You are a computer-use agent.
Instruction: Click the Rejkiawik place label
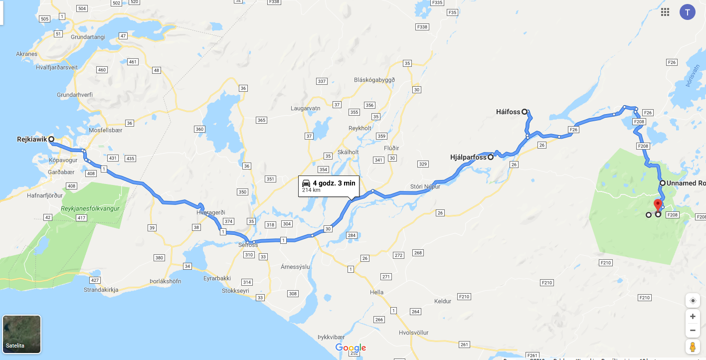tap(32, 140)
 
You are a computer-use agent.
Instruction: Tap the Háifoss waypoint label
tap(508, 112)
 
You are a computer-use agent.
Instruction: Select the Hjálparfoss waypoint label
tap(468, 158)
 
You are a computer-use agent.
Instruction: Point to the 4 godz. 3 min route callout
tap(329, 186)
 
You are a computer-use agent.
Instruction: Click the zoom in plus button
tap(693, 316)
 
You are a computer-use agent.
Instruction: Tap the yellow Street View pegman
tap(693, 347)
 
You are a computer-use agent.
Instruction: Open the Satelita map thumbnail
tap(22, 334)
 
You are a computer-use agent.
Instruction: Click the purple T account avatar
tap(687, 12)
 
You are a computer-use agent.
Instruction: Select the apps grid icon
tap(665, 12)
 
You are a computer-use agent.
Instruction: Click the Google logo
tap(351, 348)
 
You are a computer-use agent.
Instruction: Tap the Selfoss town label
tap(248, 245)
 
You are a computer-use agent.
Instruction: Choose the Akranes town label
tap(26, 54)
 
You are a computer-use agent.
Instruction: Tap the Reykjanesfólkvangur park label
tap(90, 208)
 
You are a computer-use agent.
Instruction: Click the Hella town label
tap(377, 292)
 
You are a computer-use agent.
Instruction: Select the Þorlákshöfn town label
tap(165, 281)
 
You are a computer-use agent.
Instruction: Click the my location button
tap(693, 300)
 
